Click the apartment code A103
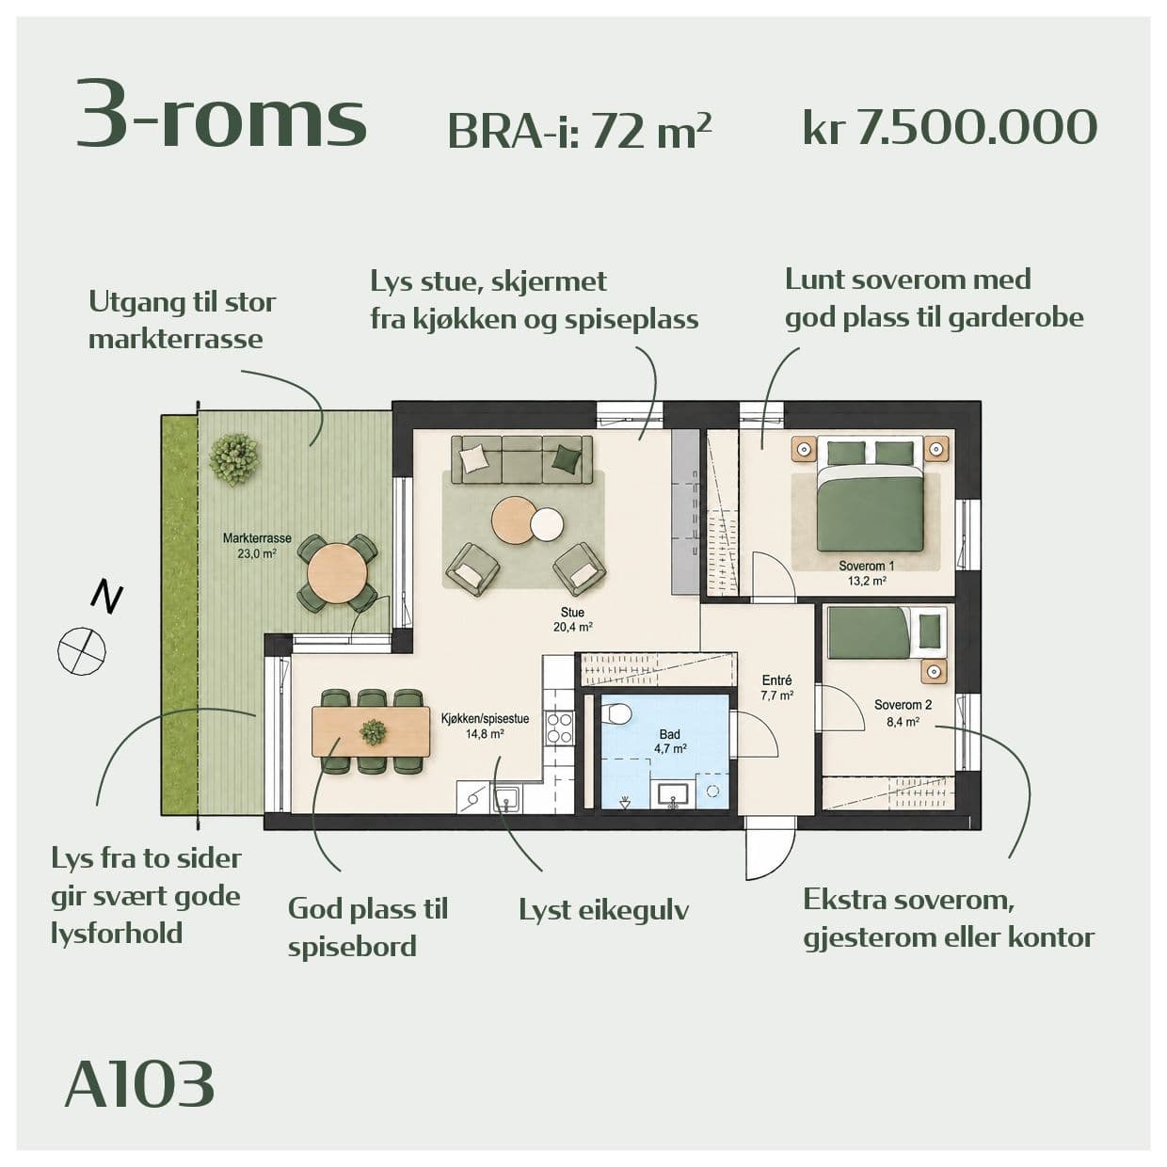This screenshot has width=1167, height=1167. (x=139, y=1083)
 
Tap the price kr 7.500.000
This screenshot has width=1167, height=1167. (x=950, y=128)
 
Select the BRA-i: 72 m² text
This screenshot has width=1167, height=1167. (x=580, y=131)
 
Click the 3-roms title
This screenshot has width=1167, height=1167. (x=222, y=114)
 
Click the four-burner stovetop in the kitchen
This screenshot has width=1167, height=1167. (x=560, y=727)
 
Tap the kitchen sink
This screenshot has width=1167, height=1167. (x=505, y=797)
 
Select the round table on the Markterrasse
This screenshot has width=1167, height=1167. (x=337, y=572)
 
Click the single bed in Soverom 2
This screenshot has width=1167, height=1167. (x=887, y=632)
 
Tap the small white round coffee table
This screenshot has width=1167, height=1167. (x=547, y=522)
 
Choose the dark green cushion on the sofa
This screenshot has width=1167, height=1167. (x=567, y=456)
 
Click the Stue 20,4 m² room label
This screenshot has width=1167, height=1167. (x=572, y=619)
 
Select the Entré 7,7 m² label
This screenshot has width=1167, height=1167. (x=777, y=688)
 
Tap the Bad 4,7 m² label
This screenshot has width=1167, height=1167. (x=670, y=741)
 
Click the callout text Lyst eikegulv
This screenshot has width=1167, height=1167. (x=604, y=911)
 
